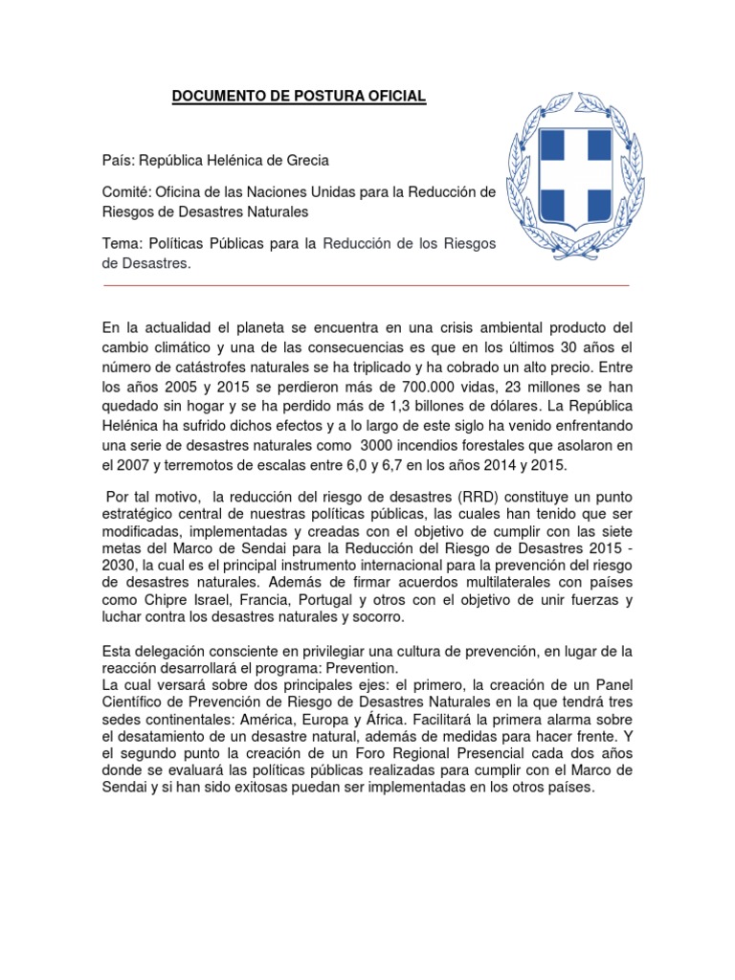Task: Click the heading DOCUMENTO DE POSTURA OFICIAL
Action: (x=299, y=97)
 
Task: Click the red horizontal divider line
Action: (x=365, y=285)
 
